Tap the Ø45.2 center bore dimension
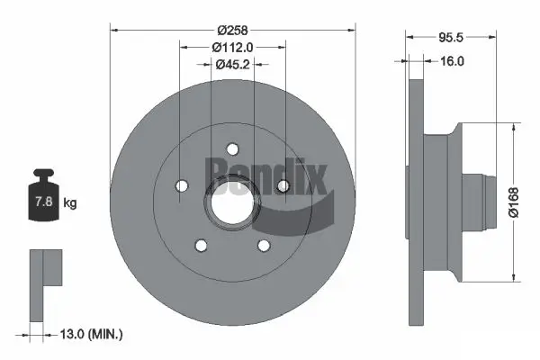tap(232, 64)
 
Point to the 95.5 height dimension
tap(450, 40)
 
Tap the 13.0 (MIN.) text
tap(90, 334)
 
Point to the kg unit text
tap(70, 203)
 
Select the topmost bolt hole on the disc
tap(232, 149)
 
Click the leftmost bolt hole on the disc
tap(181, 186)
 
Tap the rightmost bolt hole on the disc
tap(283, 185)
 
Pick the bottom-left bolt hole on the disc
tap(201, 246)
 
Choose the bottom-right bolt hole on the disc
tap(264, 246)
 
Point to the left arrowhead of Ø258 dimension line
tap(114, 28)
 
